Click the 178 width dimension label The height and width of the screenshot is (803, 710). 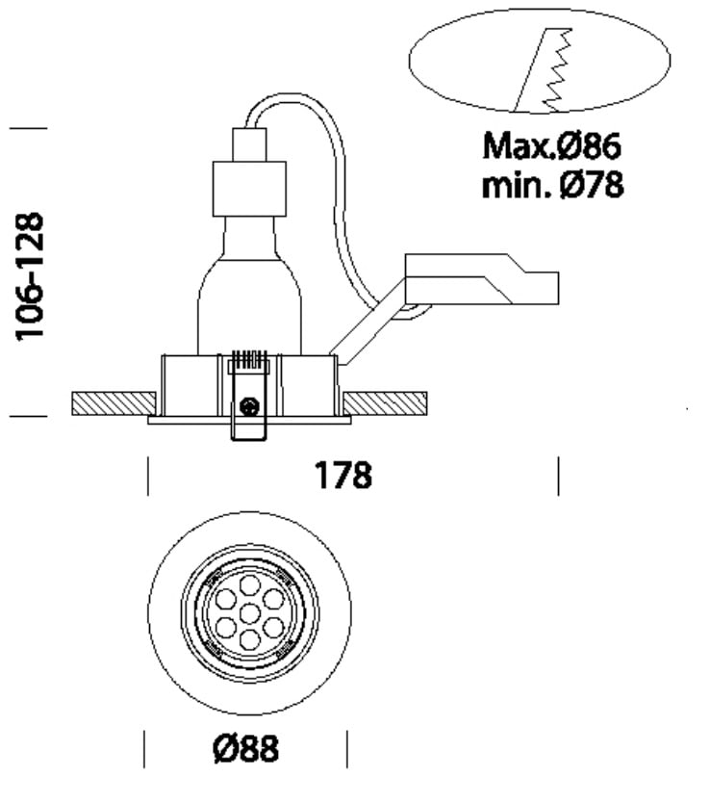[x=343, y=475]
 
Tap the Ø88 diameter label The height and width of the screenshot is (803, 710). [x=246, y=748]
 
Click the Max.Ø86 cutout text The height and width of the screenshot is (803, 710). [x=552, y=147]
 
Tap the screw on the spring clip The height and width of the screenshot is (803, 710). [x=250, y=406]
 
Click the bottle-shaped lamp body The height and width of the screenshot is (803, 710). [x=249, y=289]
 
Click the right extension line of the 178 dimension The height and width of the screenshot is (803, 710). [x=558, y=476]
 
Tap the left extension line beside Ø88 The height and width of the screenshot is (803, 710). [x=144, y=749]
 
